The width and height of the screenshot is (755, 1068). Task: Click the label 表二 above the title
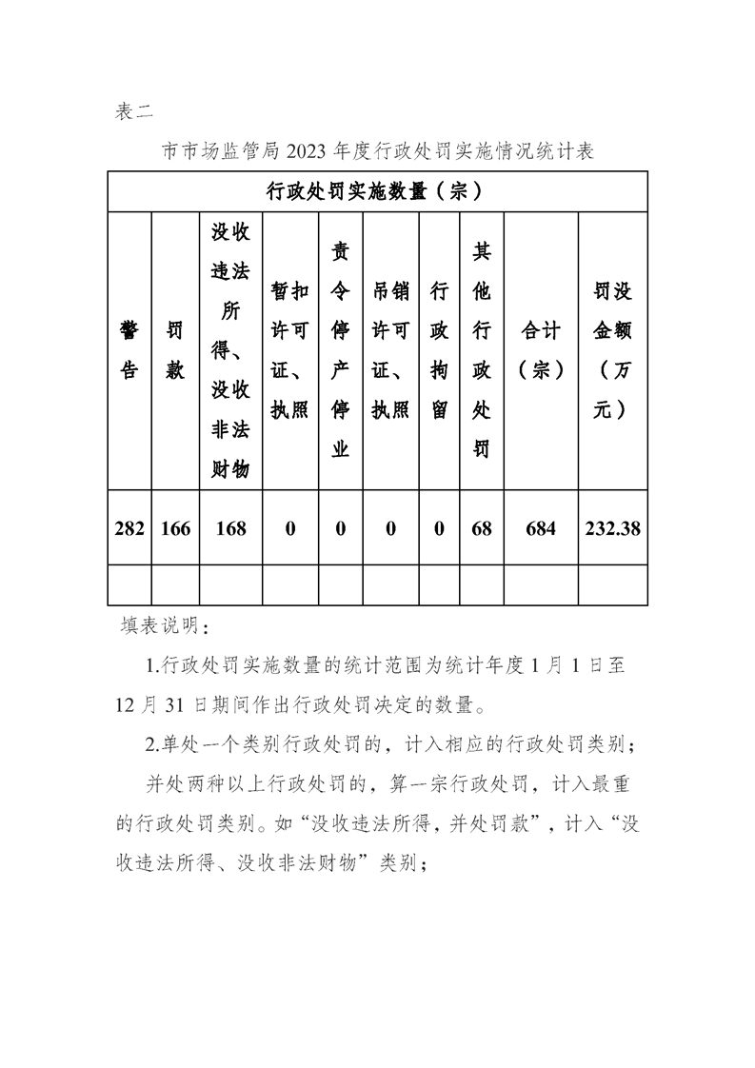[x=133, y=111]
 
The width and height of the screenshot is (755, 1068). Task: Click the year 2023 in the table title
[x=306, y=151]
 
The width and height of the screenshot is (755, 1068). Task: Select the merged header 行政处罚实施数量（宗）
[x=377, y=191]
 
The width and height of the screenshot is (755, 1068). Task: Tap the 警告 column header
[x=129, y=349]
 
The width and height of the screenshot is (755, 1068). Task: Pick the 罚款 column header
[x=175, y=349]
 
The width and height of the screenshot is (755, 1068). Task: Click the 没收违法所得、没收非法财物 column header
[x=230, y=349]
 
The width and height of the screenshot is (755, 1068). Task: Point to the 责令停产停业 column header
[x=340, y=349]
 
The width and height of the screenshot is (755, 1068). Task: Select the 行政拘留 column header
[x=439, y=349]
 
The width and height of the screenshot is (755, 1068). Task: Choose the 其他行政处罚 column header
[x=482, y=349]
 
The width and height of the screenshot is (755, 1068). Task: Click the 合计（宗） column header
[x=541, y=349]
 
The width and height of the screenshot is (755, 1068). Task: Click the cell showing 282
[x=129, y=528]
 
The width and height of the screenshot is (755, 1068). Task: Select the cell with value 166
[x=175, y=528]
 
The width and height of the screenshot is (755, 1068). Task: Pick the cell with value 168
[x=230, y=528]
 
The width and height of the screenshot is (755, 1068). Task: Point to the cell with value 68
[x=482, y=528]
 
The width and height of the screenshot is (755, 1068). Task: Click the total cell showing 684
[x=541, y=528]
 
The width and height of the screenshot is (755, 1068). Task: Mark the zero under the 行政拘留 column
[x=439, y=528]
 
